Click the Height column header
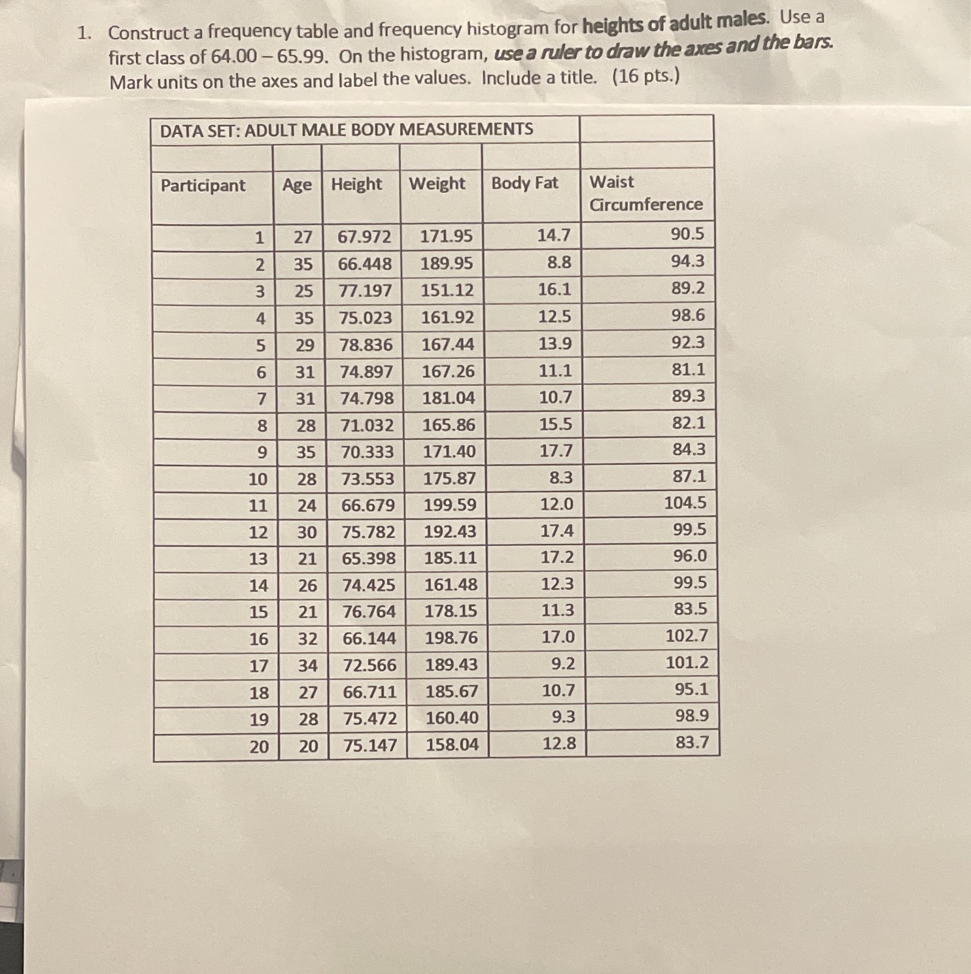(x=356, y=184)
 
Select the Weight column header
(x=437, y=184)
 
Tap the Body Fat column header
(x=524, y=183)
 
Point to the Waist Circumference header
(x=645, y=193)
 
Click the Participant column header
(x=203, y=186)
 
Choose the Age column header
(x=297, y=185)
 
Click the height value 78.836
(x=366, y=344)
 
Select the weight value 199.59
(x=450, y=505)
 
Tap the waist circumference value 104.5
(x=685, y=503)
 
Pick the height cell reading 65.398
(x=369, y=558)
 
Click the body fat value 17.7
(x=556, y=450)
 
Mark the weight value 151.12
(x=447, y=290)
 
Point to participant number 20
(x=259, y=746)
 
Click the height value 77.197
(x=366, y=291)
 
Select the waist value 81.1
(x=689, y=369)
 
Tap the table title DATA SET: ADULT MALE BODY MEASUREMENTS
(x=347, y=129)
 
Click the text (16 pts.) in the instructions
(x=646, y=76)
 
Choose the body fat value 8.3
(x=560, y=477)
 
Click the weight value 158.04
(x=452, y=744)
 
